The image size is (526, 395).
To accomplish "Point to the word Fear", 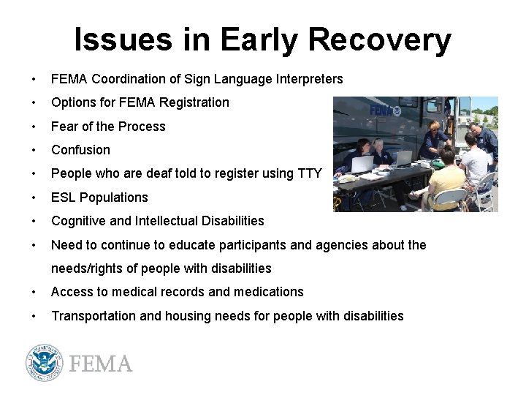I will click(64, 127).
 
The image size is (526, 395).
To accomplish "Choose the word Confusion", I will click(80, 150).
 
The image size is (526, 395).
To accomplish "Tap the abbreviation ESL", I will click(64, 197).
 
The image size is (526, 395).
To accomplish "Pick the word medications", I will click(268, 292).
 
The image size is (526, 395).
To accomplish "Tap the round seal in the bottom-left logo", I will click(45, 363).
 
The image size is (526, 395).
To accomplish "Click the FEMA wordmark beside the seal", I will click(100, 364).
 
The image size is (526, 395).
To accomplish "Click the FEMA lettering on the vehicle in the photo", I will click(381, 111).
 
